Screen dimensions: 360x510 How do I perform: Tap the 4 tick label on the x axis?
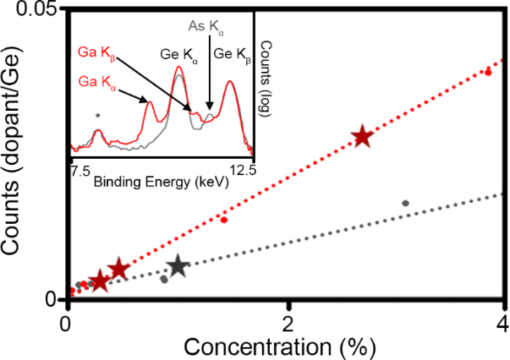pyautogui.click(x=502, y=324)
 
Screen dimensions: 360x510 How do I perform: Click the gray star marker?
pyautogui.click(x=178, y=266)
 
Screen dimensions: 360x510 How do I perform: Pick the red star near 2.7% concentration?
pyautogui.click(x=362, y=136)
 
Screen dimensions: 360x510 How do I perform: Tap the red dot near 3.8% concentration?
pyautogui.click(x=488, y=73)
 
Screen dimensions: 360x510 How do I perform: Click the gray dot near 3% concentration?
pyautogui.click(x=405, y=203)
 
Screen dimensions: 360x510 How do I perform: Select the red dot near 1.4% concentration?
pyautogui.click(x=224, y=220)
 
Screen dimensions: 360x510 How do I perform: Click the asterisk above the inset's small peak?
pyautogui.click(x=98, y=116)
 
